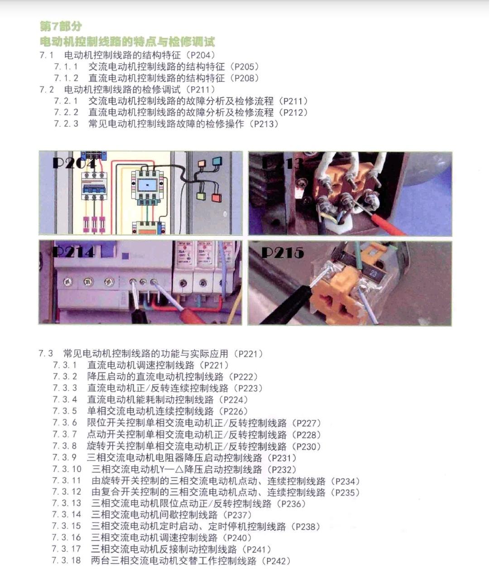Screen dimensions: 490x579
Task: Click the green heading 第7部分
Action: pyautogui.click(x=61, y=26)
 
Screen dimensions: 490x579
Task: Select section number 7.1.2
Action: pyautogui.click(x=66, y=78)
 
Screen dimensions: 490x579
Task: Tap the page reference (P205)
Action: pyautogui.click(x=244, y=67)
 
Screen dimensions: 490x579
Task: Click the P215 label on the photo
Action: pyautogui.click(x=282, y=253)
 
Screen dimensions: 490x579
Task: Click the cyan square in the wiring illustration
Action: pyautogui.click(x=217, y=161)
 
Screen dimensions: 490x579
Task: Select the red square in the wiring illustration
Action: pyautogui.click(x=216, y=198)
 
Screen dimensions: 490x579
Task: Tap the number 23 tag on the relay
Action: pyautogui.click(x=374, y=273)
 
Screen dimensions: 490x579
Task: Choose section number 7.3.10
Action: pyautogui.click(x=67, y=469)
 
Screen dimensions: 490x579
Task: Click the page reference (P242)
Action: pyautogui.click(x=276, y=561)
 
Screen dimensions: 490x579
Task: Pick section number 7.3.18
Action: pyautogui.click(x=67, y=560)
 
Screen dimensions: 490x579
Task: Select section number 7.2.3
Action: pyautogui.click(x=66, y=124)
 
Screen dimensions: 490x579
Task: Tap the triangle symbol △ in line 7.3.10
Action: pyautogui.click(x=179, y=469)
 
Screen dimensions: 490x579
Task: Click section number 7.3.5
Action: pyautogui.click(x=65, y=411)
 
